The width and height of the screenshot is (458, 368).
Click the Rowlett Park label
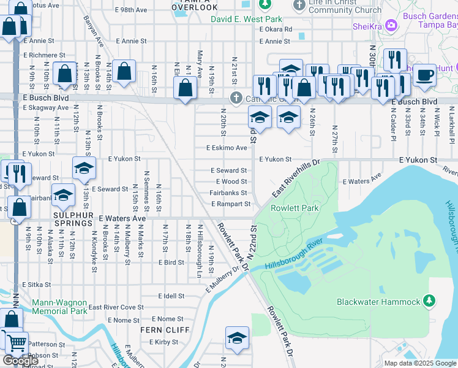click(295, 209)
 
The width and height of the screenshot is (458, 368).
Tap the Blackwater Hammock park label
click(378, 301)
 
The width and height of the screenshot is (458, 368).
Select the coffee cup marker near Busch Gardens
click(424, 74)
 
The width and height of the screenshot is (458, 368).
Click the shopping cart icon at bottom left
click(17, 342)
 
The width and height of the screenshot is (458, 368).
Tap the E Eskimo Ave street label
click(227, 148)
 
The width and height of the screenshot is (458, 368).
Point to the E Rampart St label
click(231, 204)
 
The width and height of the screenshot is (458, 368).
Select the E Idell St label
click(171, 296)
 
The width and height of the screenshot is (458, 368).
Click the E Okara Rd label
click(276, 29)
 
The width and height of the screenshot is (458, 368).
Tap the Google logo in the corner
click(20, 361)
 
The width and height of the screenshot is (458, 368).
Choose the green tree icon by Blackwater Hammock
click(429, 301)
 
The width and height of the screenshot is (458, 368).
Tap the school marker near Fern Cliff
click(237, 337)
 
